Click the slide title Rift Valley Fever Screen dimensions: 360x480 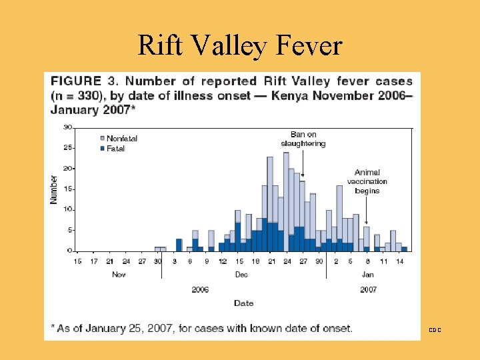pyautogui.click(x=240, y=45)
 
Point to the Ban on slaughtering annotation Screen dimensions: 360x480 pyautogui.click(x=303, y=139)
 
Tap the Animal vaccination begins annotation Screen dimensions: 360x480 pyautogui.click(x=367, y=181)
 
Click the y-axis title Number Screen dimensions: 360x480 pyautogui.click(x=54, y=189)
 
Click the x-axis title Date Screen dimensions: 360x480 pyautogui.click(x=243, y=303)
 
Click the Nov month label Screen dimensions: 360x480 pyautogui.click(x=118, y=275)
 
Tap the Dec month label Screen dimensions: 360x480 pyautogui.click(x=241, y=275)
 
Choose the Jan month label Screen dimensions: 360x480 pyautogui.click(x=367, y=275)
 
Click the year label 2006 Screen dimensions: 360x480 pyautogui.click(x=200, y=289)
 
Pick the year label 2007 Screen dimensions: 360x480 pyautogui.click(x=367, y=289)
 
